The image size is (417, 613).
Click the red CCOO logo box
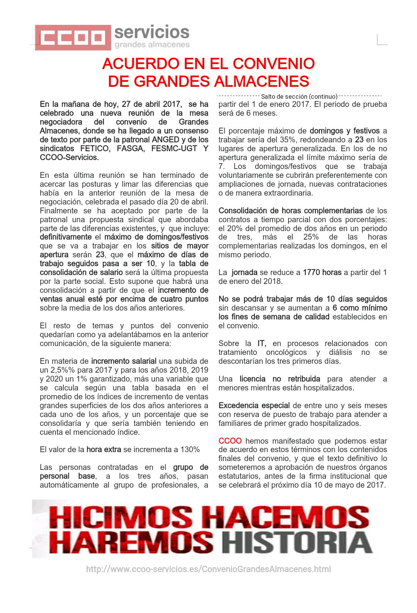73,37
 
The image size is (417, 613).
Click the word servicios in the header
152,32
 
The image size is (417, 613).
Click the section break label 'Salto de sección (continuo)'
299,96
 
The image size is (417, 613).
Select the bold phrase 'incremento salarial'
124,361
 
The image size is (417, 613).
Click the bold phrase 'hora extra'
103,449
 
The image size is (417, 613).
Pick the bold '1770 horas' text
322,272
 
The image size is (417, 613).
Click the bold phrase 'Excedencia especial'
254,405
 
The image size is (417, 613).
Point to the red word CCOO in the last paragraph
230,441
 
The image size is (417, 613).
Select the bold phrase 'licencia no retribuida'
280,379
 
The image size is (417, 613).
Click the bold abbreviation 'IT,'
262,343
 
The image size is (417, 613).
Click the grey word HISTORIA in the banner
297,543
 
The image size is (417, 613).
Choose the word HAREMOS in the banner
131,543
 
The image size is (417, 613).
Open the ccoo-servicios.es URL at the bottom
208,569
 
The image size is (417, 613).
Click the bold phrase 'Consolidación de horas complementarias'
290,211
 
